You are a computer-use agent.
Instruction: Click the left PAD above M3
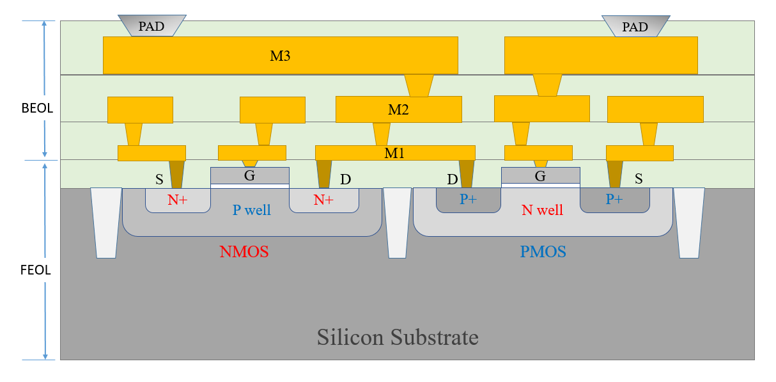[x=152, y=26]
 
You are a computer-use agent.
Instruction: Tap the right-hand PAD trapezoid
[x=635, y=26]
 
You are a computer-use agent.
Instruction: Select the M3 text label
[x=280, y=56]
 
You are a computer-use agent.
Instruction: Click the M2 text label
[x=398, y=109]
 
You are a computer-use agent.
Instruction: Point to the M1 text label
[x=394, y=153]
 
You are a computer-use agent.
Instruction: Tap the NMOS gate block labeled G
[x=249, y=175]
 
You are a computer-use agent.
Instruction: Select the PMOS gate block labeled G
[x=540, y=175]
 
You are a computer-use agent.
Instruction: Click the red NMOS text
[x=244, y=251]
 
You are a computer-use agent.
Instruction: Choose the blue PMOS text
[x=543, y=251]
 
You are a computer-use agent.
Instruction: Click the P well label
[x=251, y=210]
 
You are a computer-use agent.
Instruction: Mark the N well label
[x=542, y=209]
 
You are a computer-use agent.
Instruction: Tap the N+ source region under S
[x=178, y=200]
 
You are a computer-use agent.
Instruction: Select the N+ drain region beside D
[x=323, y=200]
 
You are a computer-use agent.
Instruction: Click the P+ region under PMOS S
[x=614, y=200]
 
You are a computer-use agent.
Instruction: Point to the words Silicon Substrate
[x=398, y=337]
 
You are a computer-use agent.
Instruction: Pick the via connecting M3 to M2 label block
[x=419, y=85]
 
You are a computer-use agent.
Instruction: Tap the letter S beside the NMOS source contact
[x=159, y=180]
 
